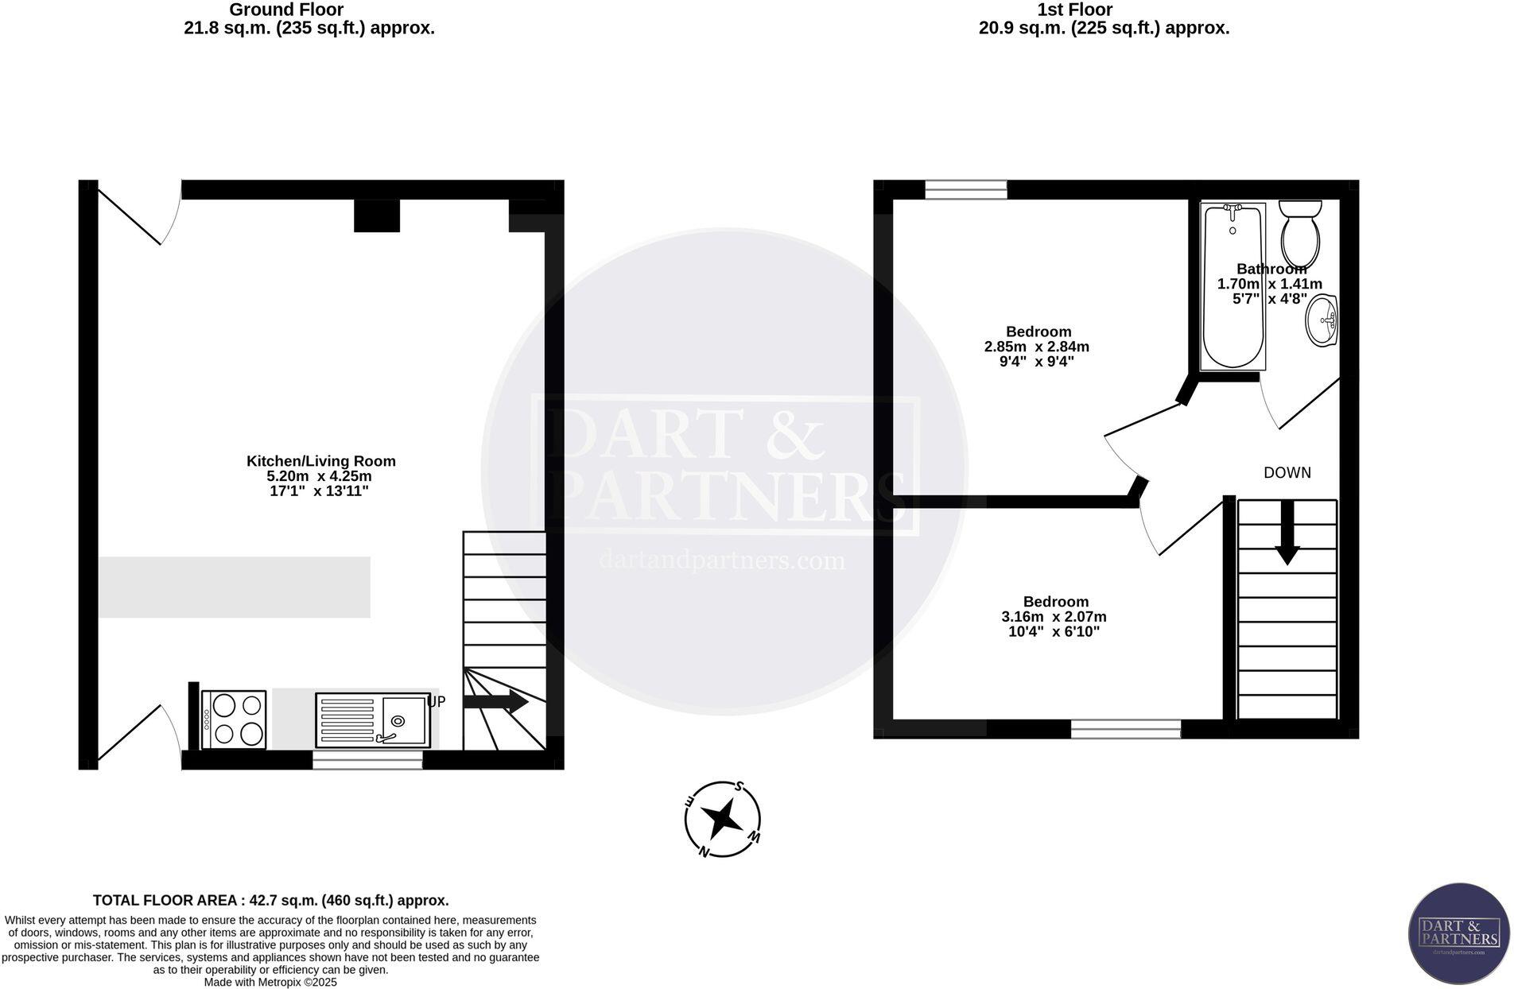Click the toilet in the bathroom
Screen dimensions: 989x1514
click(1300, 235)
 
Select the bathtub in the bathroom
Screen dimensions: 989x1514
click(1233, 286)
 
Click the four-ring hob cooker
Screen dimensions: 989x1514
click(234, 719)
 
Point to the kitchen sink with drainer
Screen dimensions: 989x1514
click(372, 720)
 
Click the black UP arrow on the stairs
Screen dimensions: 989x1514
click(495, 701)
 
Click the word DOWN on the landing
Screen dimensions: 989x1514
click(1287, 473)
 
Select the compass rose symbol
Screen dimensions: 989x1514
click(722, 819)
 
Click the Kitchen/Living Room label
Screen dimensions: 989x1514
click(320, 461)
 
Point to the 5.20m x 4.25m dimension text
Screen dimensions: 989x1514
click(319, 476)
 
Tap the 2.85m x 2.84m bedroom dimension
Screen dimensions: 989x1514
click(1036, 347)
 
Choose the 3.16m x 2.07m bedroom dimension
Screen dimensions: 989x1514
click(1054, 617)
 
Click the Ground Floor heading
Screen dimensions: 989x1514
click(286, 10)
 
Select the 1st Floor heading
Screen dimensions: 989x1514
click(1074, 10)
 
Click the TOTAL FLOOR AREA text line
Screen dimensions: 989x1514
click(270, 901)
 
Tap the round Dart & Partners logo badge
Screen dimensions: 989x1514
click(1458, 933)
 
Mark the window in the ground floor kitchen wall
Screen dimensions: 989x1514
click(367, 762)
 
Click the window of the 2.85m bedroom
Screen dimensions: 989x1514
click(965, 189)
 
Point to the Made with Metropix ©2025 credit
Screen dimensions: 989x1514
click(270, 983)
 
